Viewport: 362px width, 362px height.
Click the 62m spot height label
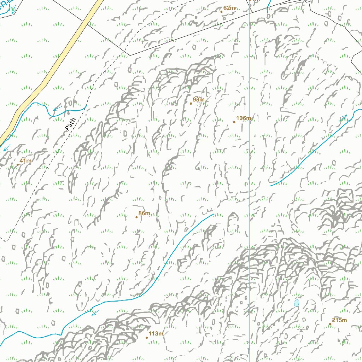click(x=229, y=8)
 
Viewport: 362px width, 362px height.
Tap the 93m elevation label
click(x=199, y=100)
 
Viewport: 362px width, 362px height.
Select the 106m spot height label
click(x=244, y=118)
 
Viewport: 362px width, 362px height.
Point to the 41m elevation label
click(x=25, y=161)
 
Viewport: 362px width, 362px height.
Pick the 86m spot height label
click(x=144, y=213)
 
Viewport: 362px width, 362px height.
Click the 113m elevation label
click(x=156, y=334)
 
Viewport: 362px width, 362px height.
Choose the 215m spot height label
click(x=339, y=320)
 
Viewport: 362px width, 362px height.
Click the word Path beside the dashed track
click(x=71, y=124)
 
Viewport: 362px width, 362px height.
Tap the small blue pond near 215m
click(x=296, y=303)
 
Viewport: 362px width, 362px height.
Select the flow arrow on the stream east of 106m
click(x=343, y=118)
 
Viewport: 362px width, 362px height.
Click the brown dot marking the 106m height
click(x=234, y=122)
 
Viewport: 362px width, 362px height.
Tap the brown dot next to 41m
click(x=18, y=164)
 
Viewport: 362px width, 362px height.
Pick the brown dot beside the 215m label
click(x=330, y=324)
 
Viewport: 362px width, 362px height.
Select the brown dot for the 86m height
click(x=136, y=217)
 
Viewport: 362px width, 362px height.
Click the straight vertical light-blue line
click(x=249, y=177)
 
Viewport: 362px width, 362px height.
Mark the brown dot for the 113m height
click(x=147, y=338)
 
